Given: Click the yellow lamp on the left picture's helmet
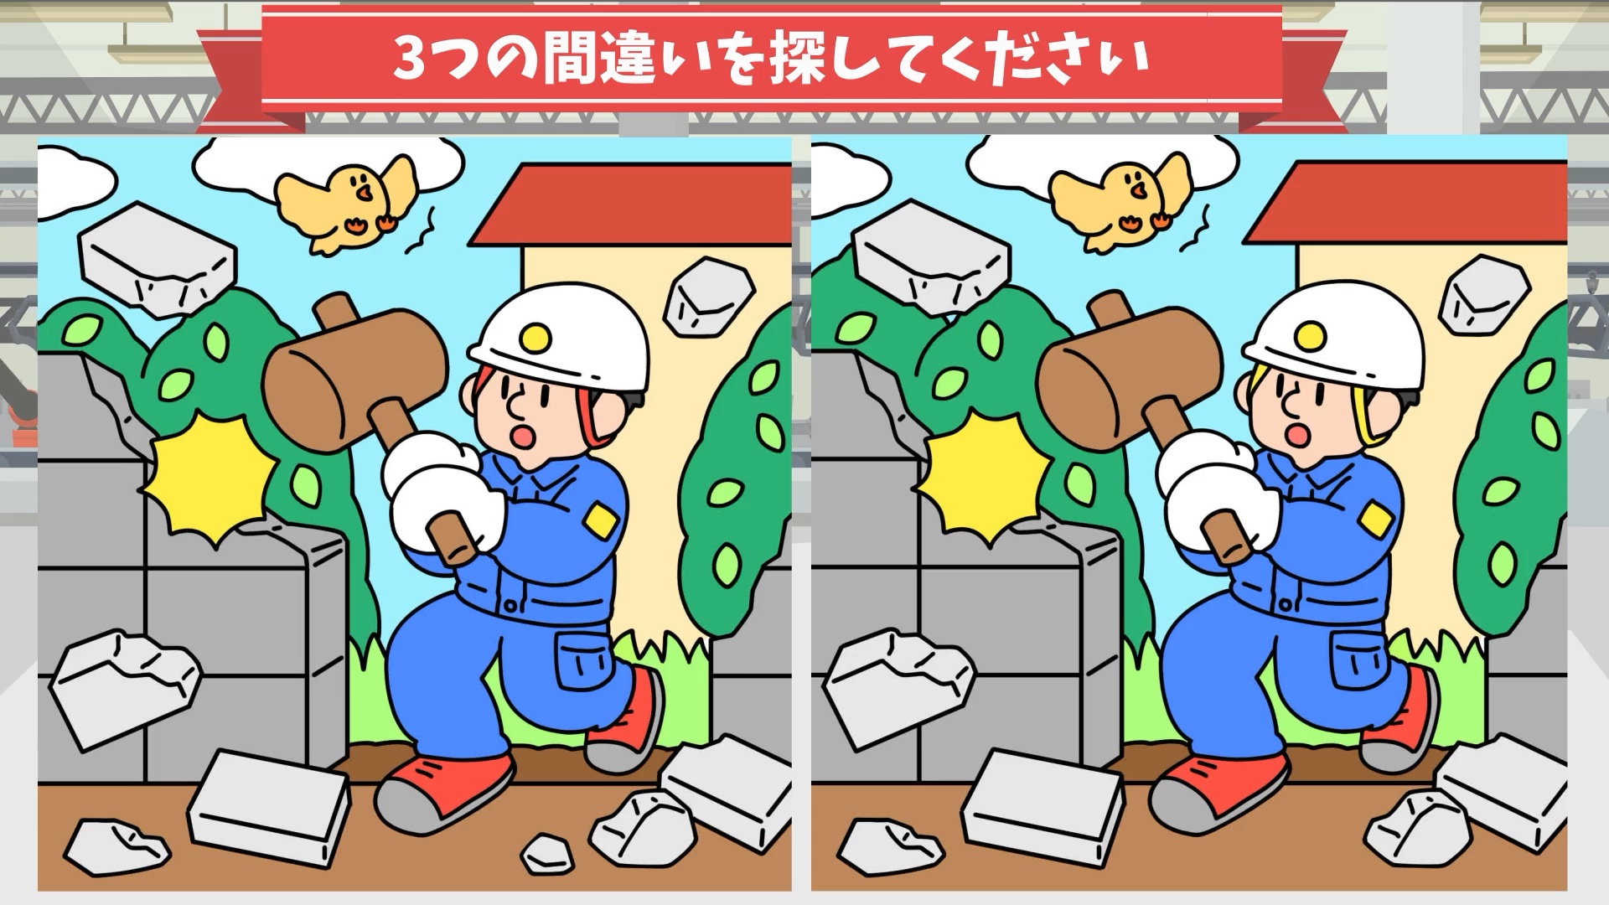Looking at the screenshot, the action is tap(533, 337).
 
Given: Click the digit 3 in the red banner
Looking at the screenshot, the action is tap(411, 60).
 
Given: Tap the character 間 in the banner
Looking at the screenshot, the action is tap(569, 60).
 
